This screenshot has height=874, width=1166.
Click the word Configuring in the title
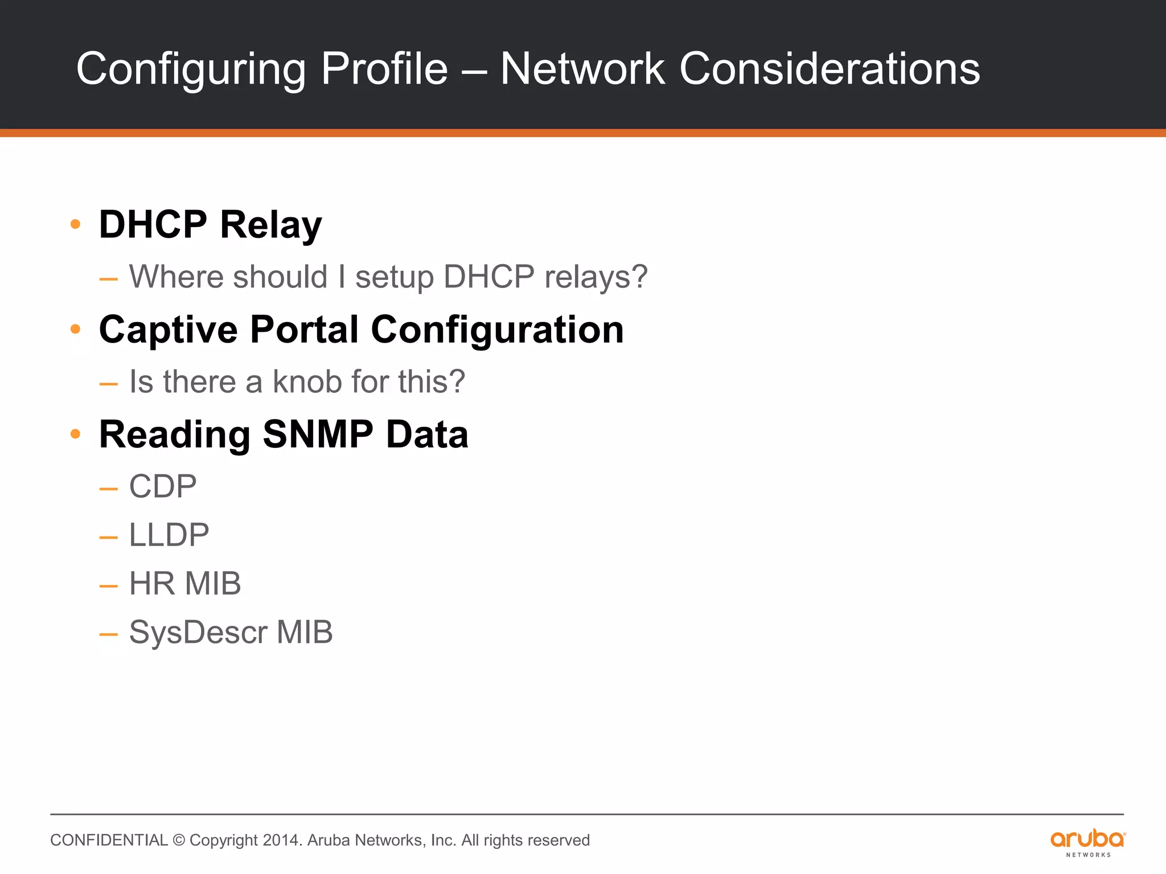click(191, 69)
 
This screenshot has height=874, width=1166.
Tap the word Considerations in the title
click(830, 69)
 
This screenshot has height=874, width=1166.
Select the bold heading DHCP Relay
click(210, 225)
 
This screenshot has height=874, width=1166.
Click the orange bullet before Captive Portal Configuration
click(75, 329)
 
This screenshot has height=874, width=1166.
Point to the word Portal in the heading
click(305, 329)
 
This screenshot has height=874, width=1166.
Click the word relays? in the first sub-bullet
click(596, 277)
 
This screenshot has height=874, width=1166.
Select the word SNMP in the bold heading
click(318, 435)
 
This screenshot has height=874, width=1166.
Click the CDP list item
click(163, 487)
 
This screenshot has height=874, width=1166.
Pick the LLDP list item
click(169, 535)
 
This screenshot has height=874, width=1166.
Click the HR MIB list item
click(185, 584)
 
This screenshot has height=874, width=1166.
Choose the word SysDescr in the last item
click(198, 632)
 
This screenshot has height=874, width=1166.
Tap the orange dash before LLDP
click(108, 537)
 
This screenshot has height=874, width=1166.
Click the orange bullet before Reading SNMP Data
click(75, 435)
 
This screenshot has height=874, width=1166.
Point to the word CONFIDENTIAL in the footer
click(109, 840)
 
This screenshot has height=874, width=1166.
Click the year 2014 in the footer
click(281, 840)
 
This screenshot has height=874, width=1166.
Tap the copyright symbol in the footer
click(179, 840)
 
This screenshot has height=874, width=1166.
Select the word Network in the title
click(582, 69)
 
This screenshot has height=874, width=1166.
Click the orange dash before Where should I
click(108, 279)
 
